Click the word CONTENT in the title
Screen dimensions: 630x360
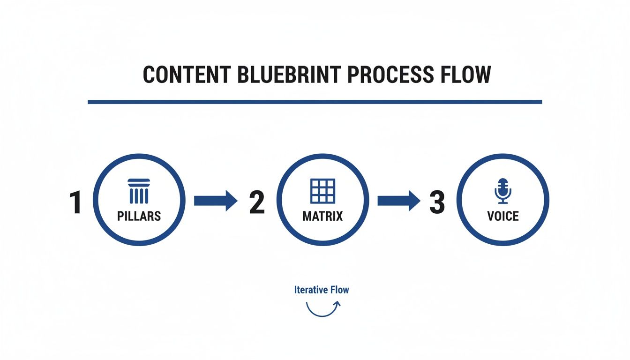187,75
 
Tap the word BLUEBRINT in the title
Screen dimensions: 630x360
289,75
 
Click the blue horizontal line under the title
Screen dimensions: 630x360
315,102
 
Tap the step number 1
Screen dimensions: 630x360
75,202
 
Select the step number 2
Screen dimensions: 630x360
257,202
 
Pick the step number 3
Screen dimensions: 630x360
437,202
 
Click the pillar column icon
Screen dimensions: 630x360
139,191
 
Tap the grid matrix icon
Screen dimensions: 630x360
322,191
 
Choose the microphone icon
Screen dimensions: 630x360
503,191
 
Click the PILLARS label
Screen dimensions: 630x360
139,216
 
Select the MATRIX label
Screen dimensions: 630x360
322,216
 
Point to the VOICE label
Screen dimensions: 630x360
503,216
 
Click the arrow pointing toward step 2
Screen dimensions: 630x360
216,201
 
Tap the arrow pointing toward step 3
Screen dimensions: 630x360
399,201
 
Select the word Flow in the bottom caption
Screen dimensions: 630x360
340,290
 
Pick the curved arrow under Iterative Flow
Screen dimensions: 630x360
322,316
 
